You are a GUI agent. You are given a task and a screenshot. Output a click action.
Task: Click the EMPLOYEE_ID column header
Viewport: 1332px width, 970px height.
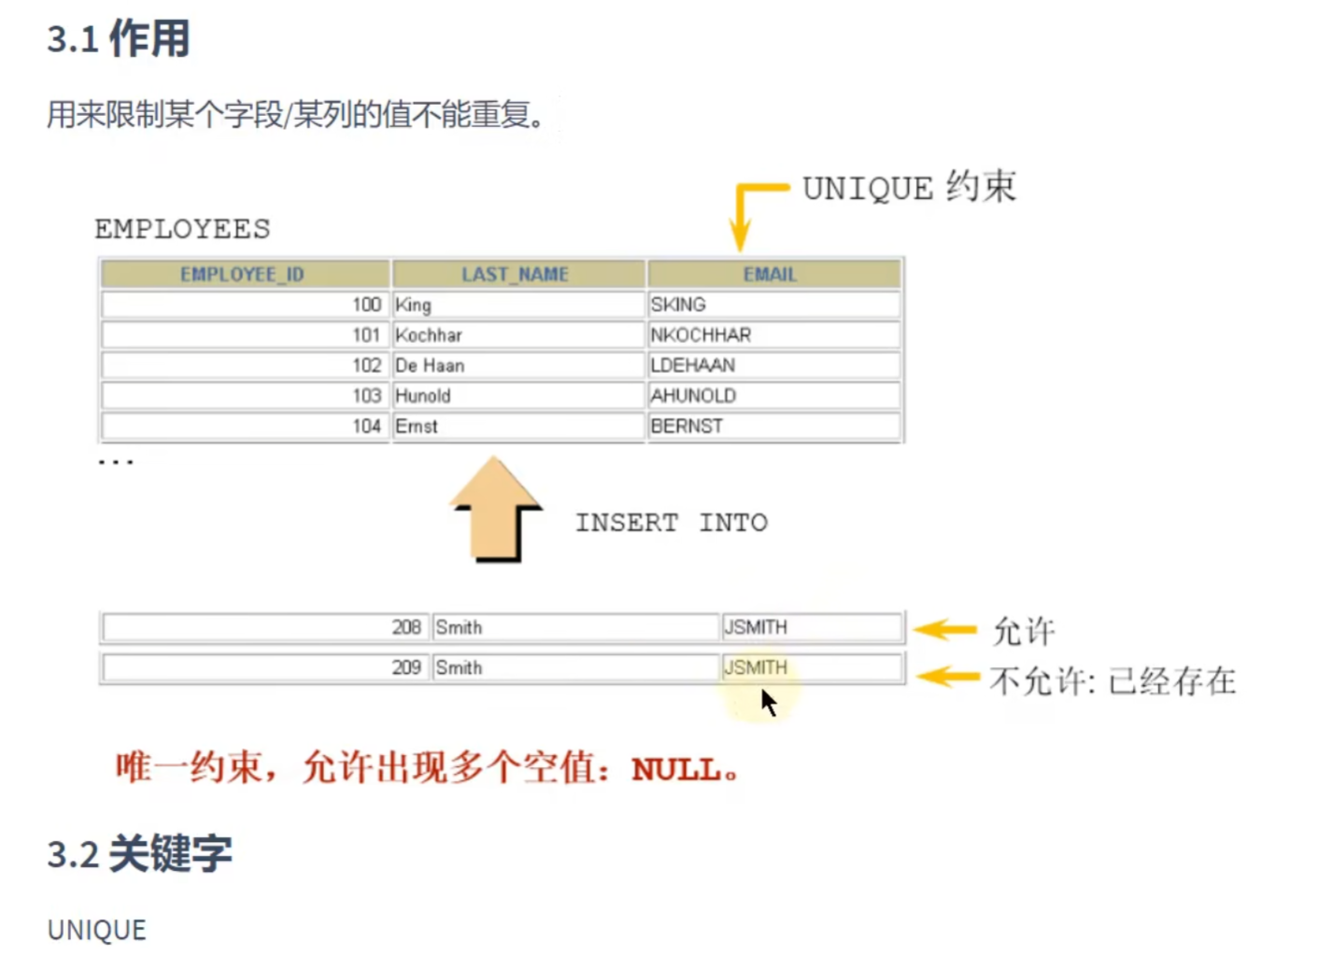242,274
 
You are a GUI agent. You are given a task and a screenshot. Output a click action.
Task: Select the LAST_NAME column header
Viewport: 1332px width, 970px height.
515,274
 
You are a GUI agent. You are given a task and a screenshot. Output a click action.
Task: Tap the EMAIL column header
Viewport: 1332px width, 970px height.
770,274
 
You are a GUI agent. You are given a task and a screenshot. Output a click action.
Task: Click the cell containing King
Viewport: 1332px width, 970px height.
413,305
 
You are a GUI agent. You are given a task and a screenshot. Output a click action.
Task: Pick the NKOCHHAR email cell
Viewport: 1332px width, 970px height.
701,335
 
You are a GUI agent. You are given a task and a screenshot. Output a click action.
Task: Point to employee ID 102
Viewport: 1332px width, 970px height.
366,365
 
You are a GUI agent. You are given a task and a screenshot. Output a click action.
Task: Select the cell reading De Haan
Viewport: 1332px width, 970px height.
430,365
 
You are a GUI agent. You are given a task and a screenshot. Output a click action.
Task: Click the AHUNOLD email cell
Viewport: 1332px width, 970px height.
693,395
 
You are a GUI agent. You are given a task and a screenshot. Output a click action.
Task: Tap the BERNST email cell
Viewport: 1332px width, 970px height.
687,426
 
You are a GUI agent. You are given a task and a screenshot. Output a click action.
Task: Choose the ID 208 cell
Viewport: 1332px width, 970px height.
405,627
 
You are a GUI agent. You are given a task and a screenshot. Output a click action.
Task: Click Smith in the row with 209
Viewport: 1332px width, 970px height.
459,667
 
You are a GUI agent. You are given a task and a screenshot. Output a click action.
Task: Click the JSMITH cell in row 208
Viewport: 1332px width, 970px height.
756,627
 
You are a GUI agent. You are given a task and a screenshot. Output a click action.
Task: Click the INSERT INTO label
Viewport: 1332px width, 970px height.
671,522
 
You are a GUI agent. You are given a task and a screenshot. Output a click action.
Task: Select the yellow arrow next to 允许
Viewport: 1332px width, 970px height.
945,630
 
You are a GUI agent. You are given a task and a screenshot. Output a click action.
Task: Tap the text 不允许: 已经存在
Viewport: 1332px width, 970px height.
1112,680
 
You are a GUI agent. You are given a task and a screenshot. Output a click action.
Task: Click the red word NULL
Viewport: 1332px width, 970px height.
676,770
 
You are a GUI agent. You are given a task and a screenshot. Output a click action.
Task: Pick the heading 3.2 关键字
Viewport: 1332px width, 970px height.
140,854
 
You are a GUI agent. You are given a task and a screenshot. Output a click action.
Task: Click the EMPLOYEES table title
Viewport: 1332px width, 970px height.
182,229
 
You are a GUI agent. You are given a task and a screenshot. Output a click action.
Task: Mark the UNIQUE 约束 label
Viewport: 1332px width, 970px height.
909,188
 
